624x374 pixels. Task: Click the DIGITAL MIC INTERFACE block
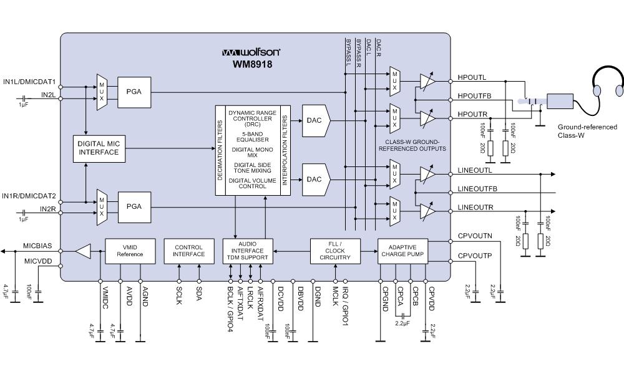(x=99, y=148)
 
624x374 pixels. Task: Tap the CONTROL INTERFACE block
(x=188, y=251)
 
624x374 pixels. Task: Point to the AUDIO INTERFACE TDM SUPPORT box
(x=248, y=251)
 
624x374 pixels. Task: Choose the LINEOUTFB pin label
(x=477, y=188)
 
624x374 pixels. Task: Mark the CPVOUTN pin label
(x=475, y=237)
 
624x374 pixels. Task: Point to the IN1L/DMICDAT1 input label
(x=29, y=82)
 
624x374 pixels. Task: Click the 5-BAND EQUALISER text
(x=251, y=136)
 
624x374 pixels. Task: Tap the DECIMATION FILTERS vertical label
(x=220, y=150)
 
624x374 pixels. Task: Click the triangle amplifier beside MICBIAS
(x=82, y=251)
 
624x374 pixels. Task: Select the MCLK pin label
(x=335, y=290)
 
